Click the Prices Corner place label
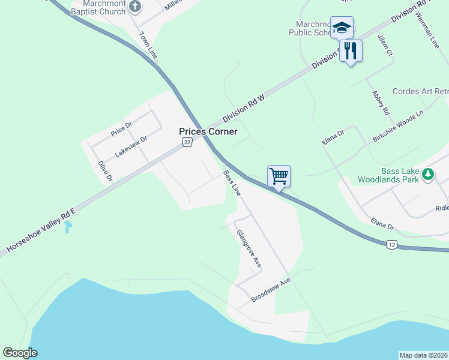coord(208,131)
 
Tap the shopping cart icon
coord(279,176)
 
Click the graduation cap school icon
coord(342,28)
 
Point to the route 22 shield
coord(187,142)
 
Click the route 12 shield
coord(391,244)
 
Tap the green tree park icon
coord(427,175)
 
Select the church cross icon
coord(135,7)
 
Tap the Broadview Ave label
coord(271,290)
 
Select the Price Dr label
coord(121,127)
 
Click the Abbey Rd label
coord(381,103)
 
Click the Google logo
coord(20,353)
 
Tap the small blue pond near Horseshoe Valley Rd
coord(68,227)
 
